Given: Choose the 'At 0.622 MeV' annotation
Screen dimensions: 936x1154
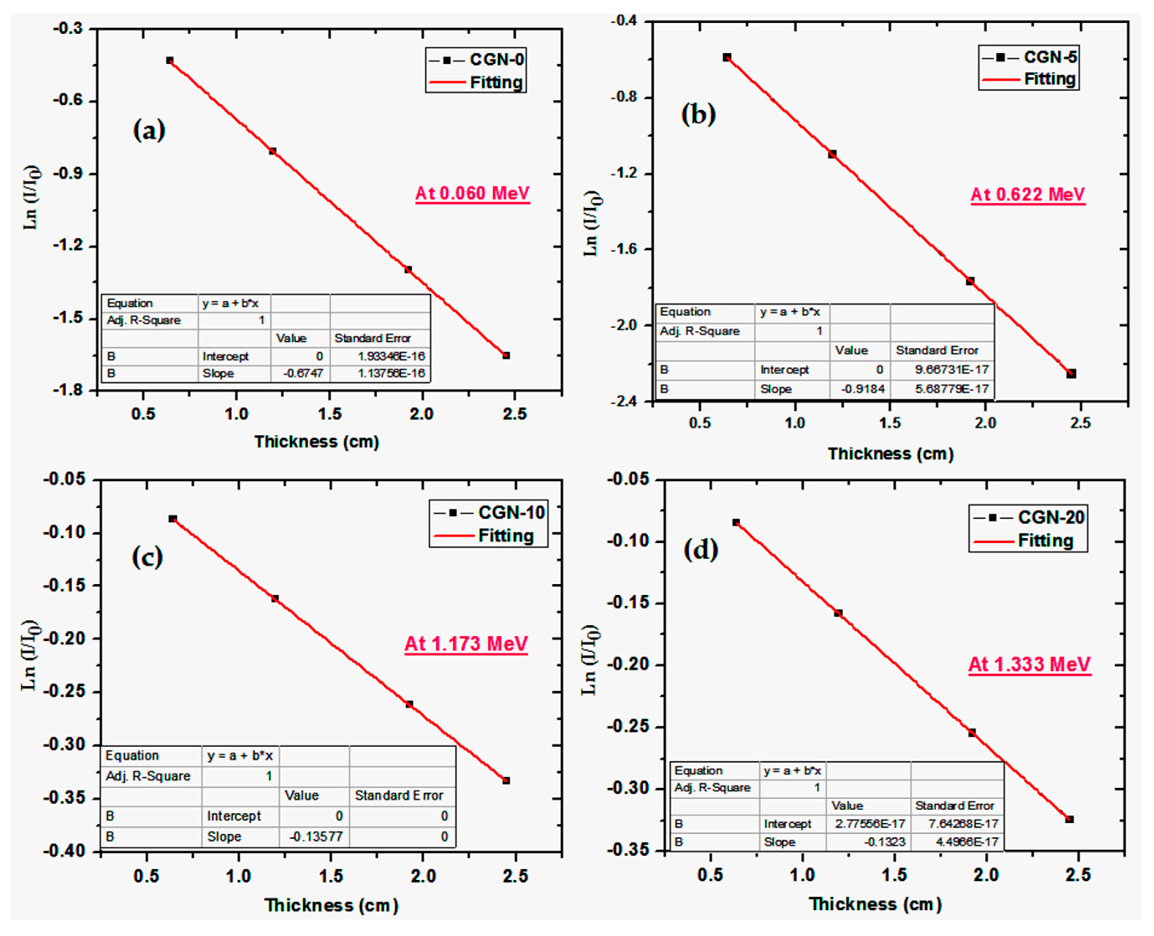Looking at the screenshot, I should click(1028, 194).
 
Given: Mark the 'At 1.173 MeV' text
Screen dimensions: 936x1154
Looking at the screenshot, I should click(466, 644).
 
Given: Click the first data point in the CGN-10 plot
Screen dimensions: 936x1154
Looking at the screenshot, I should click(173, 519).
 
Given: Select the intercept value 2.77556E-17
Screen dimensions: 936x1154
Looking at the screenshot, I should click(868, 824).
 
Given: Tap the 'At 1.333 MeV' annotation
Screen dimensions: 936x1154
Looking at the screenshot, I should click(1029, 664).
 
